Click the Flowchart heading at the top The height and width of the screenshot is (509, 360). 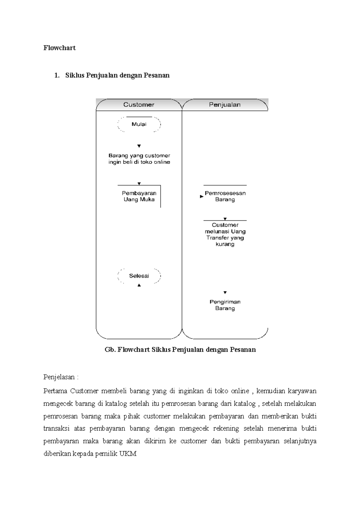coord(59,48)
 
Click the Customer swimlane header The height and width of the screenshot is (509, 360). coord(139,105)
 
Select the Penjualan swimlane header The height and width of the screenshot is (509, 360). coord(225,105)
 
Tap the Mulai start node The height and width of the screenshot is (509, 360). coord(139,124)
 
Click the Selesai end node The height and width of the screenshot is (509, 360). coord(139,276)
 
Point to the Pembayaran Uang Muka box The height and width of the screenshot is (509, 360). coord(139,196)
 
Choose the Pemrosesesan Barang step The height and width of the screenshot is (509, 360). coord(225,196)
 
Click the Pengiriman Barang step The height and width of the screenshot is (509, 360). coord(225,305)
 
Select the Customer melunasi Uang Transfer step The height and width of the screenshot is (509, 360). coord(225,234)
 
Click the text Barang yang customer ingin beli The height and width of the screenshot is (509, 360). coord(139,159)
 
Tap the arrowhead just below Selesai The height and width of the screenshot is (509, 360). coord(139,285)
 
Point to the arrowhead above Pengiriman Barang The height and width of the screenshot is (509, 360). coord(225,293)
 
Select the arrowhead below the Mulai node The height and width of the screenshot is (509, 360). coord(139,146)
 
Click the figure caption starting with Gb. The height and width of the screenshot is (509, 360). coord(180,350)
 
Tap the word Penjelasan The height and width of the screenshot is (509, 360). coord(59,377)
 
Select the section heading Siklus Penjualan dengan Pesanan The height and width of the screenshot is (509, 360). coord(117,75)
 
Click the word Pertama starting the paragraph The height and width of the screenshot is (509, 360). coord(55,391)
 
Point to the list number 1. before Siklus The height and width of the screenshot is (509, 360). coord(57,75)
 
